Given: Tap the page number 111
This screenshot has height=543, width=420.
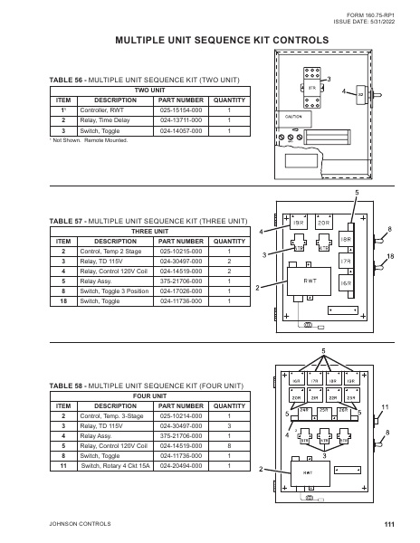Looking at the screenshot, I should (x=390, y=525).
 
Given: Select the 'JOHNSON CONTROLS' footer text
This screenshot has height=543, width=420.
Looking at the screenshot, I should (x=81, y=525).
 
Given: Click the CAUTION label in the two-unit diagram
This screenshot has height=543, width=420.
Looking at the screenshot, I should (x=294, y=117).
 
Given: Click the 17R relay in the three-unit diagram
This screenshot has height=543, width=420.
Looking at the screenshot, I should (x=345, y=260).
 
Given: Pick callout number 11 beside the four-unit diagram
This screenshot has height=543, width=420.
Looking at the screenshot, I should (x=385, y=408).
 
